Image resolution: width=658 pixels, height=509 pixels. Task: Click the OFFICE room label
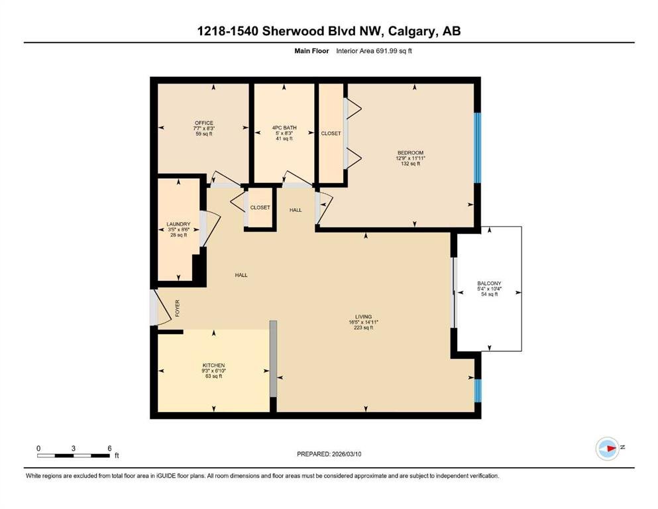coord(204,123)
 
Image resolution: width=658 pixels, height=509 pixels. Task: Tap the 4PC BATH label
coord(284,127)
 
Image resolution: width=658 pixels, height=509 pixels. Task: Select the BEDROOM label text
coord(410,152)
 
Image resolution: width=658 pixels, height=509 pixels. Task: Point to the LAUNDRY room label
coord(178,224)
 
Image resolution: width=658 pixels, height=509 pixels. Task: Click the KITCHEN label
coord(213,365)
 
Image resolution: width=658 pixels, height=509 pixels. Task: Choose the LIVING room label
coord(363,317)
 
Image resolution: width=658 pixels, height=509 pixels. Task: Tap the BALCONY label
coord(489,284)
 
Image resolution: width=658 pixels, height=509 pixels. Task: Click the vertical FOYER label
coord(177,308)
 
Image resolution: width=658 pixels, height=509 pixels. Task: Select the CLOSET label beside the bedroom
coord(331,133)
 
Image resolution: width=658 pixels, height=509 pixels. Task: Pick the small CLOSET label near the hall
coord(260,207)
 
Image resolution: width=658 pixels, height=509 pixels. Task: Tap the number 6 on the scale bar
coord(109,448)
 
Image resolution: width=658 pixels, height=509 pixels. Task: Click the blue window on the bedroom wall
coord(477,148)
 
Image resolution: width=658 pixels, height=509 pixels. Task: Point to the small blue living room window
coord(478,390)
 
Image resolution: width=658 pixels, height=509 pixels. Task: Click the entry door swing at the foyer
coord(161,307)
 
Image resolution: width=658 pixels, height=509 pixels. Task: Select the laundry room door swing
coord(210,229)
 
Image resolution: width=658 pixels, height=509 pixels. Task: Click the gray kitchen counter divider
coord(273,359)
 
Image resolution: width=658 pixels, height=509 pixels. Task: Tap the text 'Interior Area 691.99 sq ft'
coord(374,51)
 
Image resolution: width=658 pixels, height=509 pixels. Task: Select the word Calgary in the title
coord(411,31)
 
